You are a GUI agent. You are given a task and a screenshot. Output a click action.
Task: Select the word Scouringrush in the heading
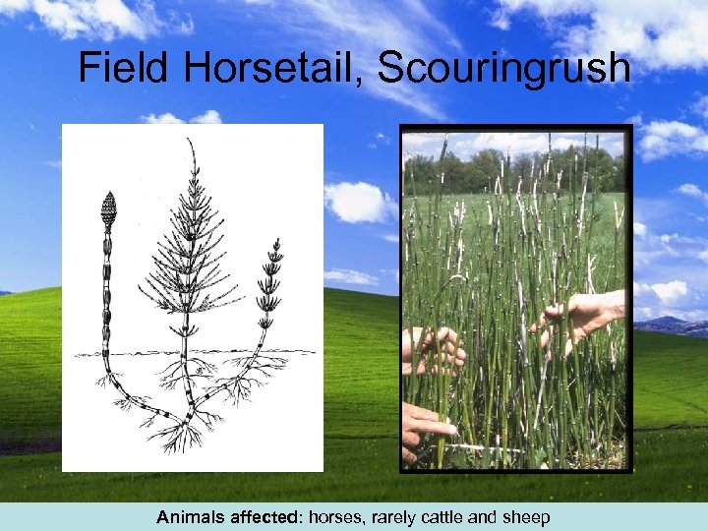[503, 68]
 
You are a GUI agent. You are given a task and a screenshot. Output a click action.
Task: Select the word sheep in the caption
[527, 517]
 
